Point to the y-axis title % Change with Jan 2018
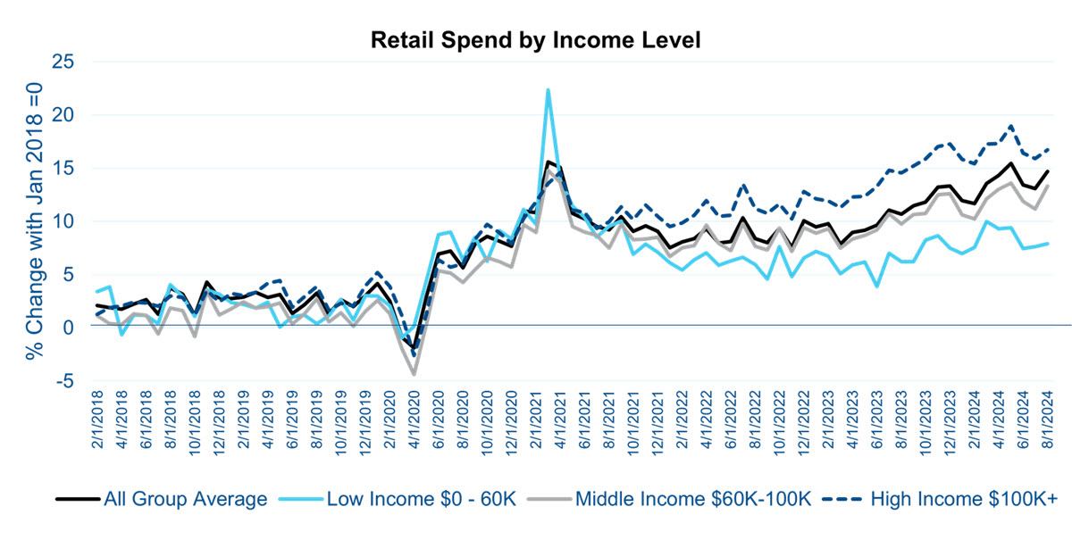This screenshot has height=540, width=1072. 33,220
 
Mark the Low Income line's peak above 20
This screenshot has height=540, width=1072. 548,90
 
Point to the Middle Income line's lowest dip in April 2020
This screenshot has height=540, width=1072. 415,374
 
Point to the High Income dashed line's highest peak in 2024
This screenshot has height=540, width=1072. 1010,127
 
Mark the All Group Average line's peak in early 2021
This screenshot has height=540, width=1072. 548,162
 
